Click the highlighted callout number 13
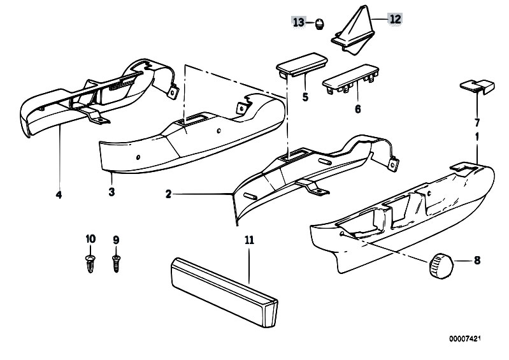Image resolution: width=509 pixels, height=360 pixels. tap(299, 22)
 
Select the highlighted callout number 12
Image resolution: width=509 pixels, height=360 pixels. tap(395, 19)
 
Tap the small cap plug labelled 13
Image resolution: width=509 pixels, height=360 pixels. tap(320, 25)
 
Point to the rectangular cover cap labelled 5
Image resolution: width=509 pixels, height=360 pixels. tap(301, 65)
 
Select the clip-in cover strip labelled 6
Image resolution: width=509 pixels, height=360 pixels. tap(350, 79)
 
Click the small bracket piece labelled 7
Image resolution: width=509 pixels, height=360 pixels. tap(477, 86)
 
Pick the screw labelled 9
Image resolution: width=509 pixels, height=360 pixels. tap(116, 263)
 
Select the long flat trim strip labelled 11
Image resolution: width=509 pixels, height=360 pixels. tap(224, 292)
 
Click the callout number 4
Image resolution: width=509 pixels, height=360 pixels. tap(59, 195)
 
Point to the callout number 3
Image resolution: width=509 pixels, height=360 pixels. tap(111, 192)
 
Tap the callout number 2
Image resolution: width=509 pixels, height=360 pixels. tap(168, 194)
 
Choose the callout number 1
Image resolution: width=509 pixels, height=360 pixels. tap(477, 136)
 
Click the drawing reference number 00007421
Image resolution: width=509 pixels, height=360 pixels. tap(464, 338)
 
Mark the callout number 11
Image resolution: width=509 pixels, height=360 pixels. tap(249, 240)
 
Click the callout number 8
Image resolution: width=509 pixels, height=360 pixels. tap(477, 261)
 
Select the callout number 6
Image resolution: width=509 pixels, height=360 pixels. tap(357, 109)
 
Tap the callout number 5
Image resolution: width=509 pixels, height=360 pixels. tap(305, 97)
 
